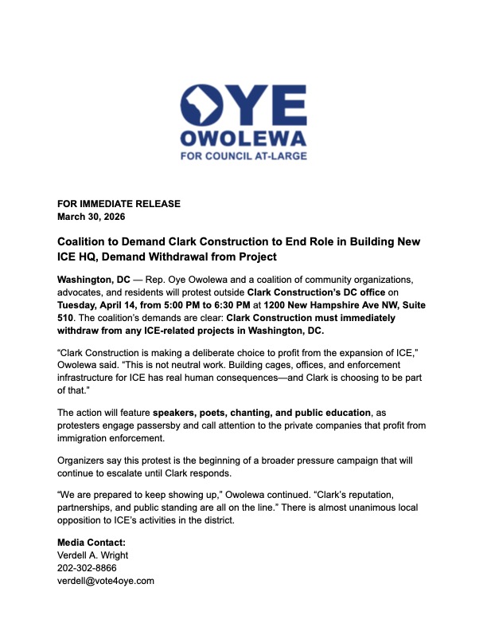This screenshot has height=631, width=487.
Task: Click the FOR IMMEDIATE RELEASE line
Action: [x=119, y=204]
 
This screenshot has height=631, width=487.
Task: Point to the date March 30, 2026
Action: [x=92, y=217]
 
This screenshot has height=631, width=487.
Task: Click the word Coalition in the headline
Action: [x=84, y=241]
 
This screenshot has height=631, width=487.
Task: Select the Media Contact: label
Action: [x=92, y=543]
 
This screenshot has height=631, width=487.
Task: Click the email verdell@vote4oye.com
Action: [x=105, y=582]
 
